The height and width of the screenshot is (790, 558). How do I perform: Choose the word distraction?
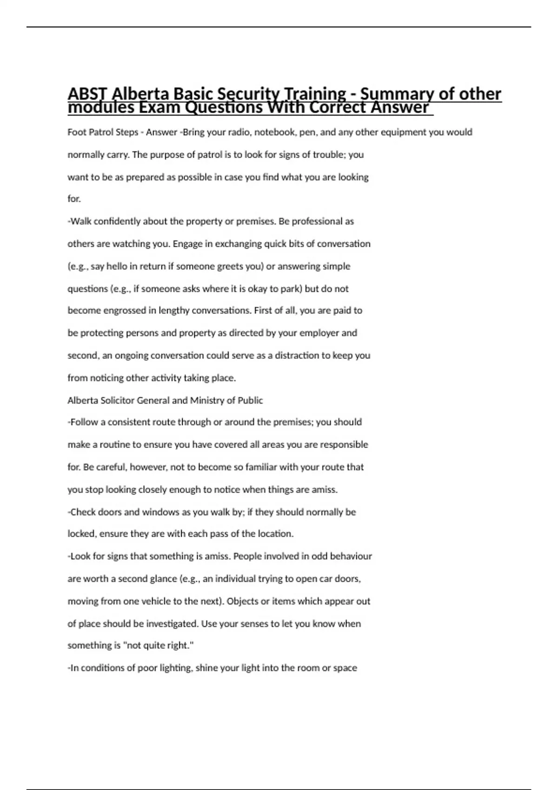(296, 355)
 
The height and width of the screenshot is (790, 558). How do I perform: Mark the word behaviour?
(348, 556)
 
